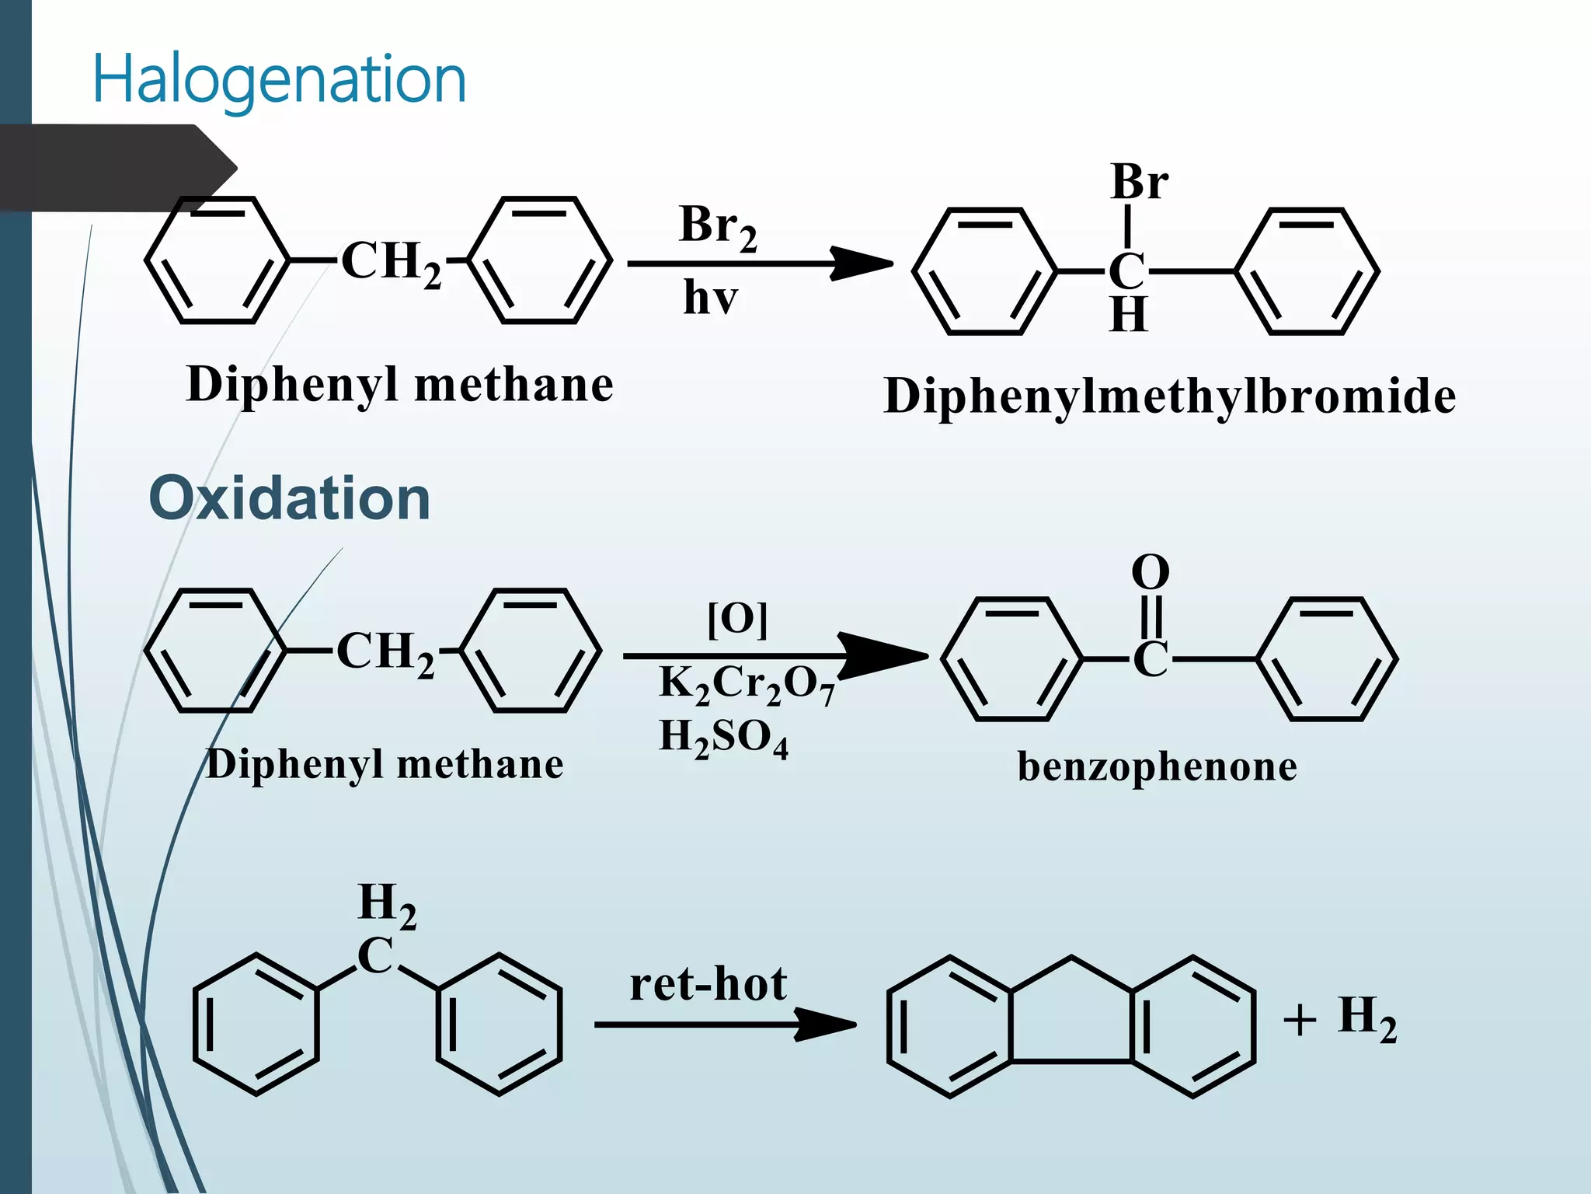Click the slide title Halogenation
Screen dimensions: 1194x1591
(279, 79)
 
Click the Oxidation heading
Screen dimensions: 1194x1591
(289, 498)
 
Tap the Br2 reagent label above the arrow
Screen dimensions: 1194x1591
(717, 227)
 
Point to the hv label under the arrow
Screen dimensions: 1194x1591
(710, 298)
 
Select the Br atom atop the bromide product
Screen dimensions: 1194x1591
(1139, 183)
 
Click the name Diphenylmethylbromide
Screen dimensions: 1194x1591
(1169, 396)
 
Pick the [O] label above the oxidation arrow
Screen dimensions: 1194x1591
(737, 620)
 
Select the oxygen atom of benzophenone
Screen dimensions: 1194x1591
(1150, 573)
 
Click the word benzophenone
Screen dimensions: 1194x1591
(1157, 766)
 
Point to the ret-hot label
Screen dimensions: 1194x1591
(708, 984)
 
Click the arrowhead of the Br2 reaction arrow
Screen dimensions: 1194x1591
(862, 264)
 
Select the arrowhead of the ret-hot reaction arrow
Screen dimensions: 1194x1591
(827, 1025)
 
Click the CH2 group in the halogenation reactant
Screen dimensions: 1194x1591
(391, 262)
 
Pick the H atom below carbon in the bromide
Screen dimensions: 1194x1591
(1128, 315)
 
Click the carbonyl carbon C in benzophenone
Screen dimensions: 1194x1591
(1150, 660)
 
